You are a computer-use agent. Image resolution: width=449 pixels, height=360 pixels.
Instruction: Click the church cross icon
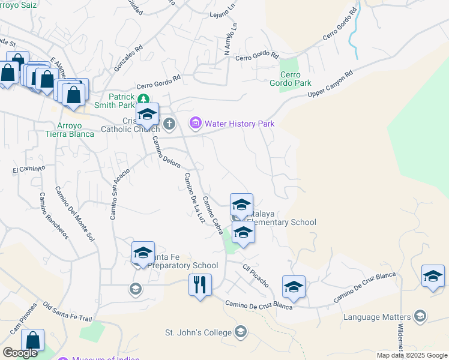(169, 124)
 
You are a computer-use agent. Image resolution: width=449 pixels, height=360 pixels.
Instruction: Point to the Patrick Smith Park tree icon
(143, 98)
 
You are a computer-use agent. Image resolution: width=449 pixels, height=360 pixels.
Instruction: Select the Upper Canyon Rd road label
(330, 85)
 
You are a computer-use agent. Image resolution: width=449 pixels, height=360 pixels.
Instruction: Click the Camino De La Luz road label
(191, 198)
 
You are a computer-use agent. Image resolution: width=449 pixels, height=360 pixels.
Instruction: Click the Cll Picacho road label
(255, 275)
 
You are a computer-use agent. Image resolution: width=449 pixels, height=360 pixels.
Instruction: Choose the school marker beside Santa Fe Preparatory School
(143, 253)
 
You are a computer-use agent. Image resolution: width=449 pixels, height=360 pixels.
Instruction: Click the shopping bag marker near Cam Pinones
(33, 340)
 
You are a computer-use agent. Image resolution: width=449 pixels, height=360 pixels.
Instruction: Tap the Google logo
(20, 353)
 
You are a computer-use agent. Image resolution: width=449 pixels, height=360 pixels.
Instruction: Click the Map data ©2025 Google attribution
(411, 355)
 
